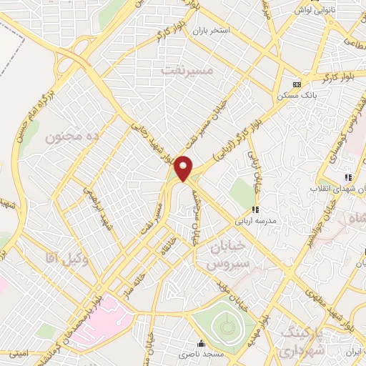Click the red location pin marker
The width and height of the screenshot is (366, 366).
pos(184,168)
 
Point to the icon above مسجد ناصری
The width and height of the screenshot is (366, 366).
pos(201,343)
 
